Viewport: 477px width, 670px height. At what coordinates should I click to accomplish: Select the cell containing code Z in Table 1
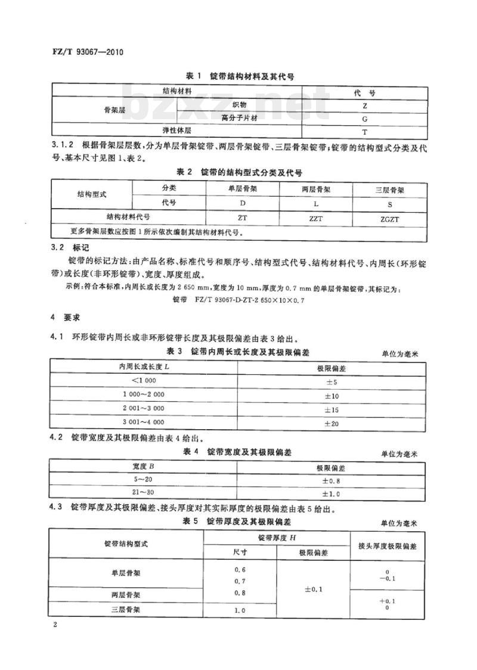tap(364, 105)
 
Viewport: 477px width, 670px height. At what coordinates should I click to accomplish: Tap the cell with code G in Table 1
tap(364, 118)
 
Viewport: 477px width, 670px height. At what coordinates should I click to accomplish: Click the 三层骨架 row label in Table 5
tap(125, 610)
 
